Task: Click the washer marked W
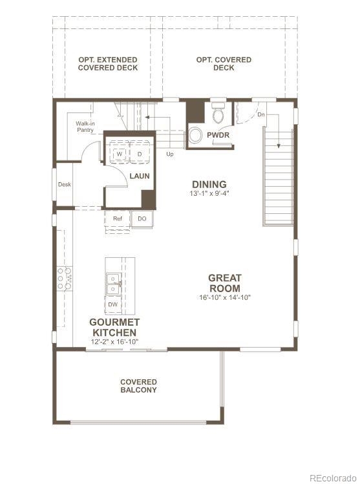(120, 154)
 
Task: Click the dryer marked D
(139, 154)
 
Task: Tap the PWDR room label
(218, 135)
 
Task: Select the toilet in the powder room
(218, 114)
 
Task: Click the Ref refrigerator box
(118, 219)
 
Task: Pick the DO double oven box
(142, 219)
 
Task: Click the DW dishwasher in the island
(113, 304)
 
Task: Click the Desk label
(64, 184)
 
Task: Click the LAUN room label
(140, 176)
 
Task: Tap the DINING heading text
(209, 184)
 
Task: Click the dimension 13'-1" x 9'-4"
(209, 193)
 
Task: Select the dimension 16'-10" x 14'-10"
(224, 297)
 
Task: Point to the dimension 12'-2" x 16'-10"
(114, 341)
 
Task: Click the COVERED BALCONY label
(138, 386)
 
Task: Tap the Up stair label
(170, 154)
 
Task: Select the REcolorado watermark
(332, 478)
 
